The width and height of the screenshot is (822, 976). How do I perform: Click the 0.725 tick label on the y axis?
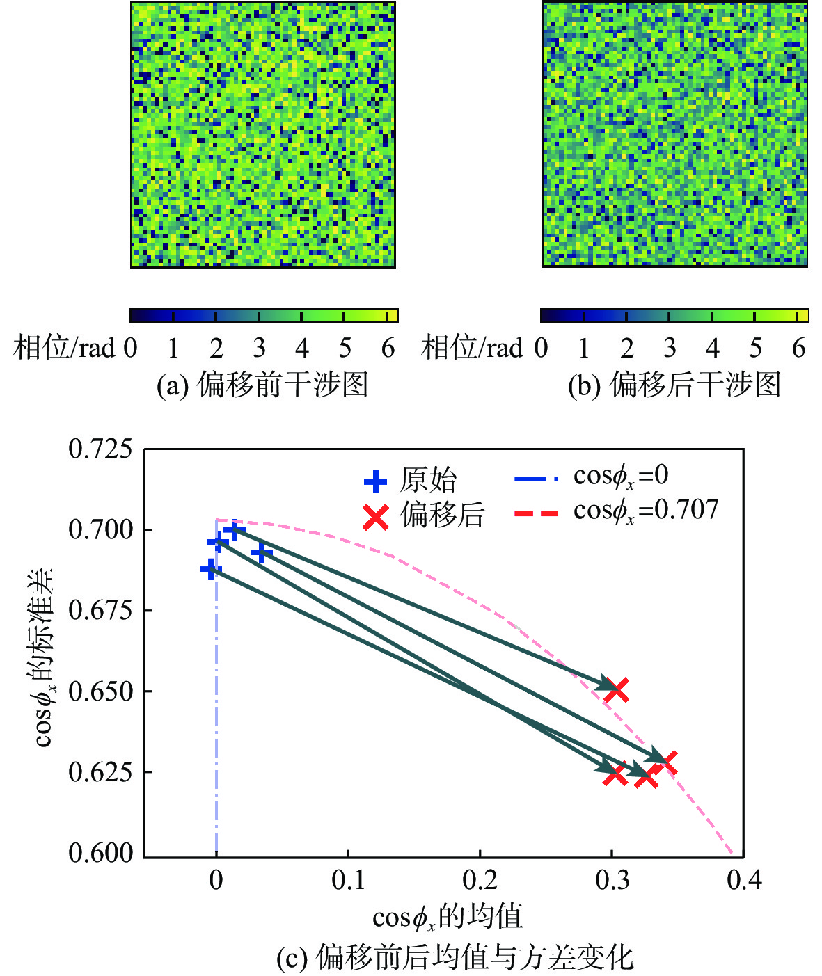tap(100, 449)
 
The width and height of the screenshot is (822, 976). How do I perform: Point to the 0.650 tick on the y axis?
tap(100, 692)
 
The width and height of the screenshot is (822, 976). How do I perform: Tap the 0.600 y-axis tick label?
tap(100, 854)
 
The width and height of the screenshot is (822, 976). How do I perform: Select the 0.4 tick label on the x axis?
tap(744, 881)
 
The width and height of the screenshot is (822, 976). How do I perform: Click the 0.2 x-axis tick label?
tap(480, 881)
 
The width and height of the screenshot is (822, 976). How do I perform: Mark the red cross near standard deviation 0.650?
tap(617, 690)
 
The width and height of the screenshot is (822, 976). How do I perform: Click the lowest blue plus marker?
tap(210, 570)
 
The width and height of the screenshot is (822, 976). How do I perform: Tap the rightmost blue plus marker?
tap(261, 553)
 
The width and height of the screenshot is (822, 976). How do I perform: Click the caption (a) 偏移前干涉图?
tap(262, 385)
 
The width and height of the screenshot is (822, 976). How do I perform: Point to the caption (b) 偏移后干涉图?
tap(674, 385)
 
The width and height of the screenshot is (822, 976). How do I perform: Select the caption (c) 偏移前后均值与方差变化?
tap(455, 958)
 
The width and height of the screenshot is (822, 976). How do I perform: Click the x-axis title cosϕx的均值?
tap(448, 918)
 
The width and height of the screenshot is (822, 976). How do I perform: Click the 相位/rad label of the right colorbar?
tap(472, 348)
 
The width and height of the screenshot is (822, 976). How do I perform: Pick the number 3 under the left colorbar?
tap(259, 348)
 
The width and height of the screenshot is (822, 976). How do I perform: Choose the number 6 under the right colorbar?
tap(799, 348)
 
